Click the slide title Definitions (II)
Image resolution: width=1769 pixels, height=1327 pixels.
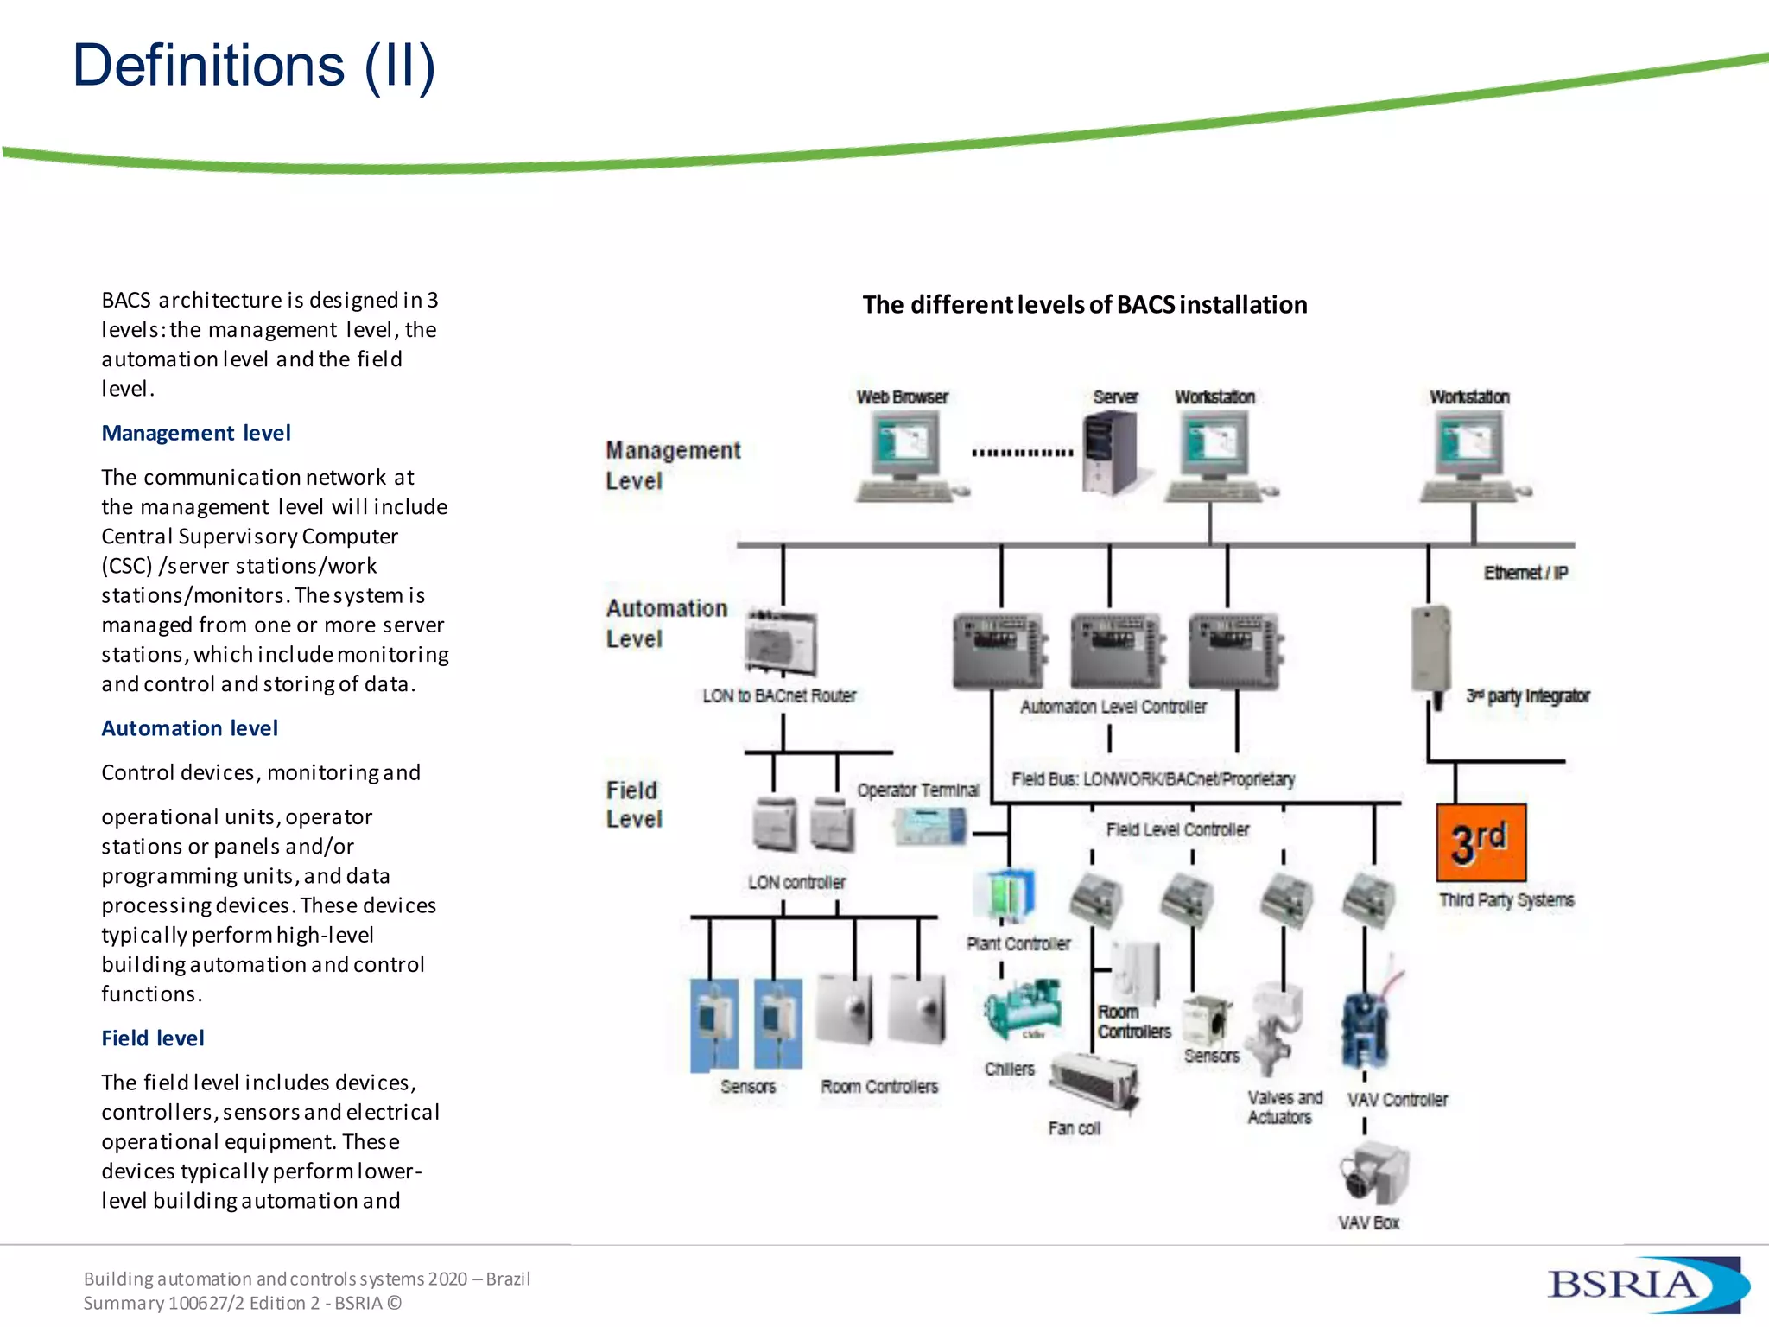point(253,66)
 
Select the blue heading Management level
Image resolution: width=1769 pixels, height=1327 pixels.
point(196,433)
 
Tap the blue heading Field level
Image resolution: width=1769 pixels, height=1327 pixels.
point(153,1038)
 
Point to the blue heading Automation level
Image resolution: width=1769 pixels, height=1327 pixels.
point(190,728)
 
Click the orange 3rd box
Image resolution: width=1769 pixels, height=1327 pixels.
point(1481,842)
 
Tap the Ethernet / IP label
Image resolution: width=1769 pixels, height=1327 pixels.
point(1525,573)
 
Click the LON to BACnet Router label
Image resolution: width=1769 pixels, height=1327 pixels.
point(778,696)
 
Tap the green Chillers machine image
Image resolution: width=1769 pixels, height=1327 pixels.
point(1023,1008)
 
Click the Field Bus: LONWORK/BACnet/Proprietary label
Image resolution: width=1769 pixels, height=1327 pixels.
point(1153,779)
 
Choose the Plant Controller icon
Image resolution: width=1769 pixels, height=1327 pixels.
point(1005,896)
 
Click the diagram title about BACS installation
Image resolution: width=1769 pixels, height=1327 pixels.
point(1084,305)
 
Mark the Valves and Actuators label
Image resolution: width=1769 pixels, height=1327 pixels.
point(1284,1107)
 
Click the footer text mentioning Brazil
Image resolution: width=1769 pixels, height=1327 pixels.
point(307,1279)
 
